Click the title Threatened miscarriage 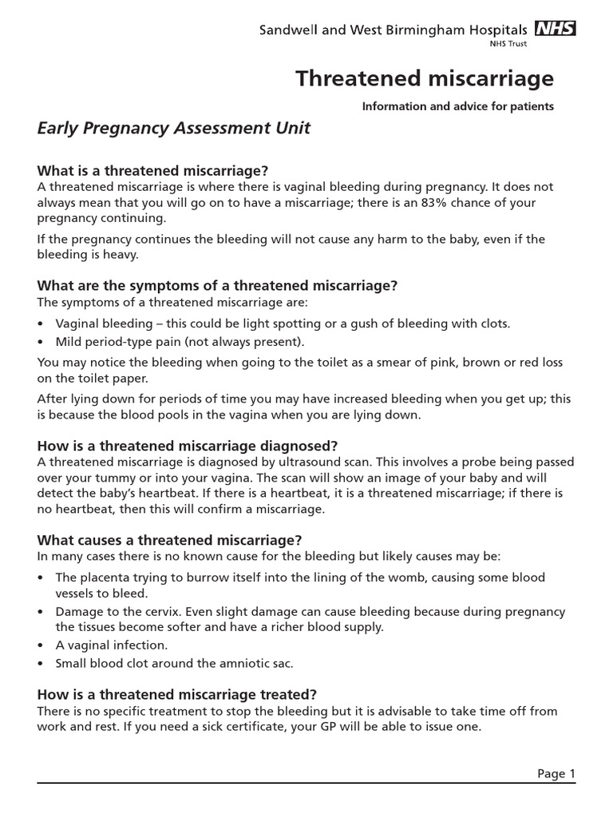click(x=425, y=78)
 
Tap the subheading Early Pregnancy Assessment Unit click(x=174, y=128)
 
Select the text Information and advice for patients click(x=457, y=106)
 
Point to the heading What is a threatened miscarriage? click(x=152, y=171)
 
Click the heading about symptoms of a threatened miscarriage click(x=217, y=285)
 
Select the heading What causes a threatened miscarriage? click(x=170, y=540)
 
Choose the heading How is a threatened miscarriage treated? click(x=177, y=693)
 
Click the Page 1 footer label click(x=556, y=773)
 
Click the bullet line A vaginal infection click(x=111, y=645)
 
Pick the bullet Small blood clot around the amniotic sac click(x=162, y=663)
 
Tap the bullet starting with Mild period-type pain click(x=180, y=343)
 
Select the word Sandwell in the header click(x=290, y=30)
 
